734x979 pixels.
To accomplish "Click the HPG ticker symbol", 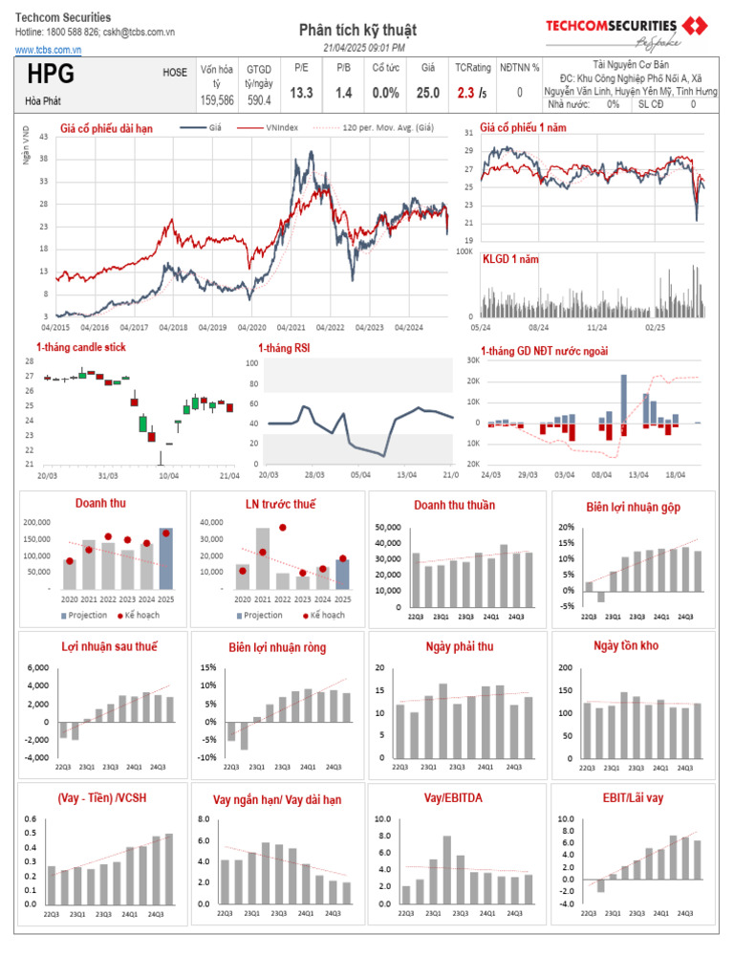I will (x=52, y=76).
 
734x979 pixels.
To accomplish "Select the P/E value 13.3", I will (x=301, y=93).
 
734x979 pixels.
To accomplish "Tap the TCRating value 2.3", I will (x=465, y=93).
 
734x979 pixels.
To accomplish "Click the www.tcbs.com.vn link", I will (x=48, y=50).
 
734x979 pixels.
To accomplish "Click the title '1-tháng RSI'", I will (x=284, y=348).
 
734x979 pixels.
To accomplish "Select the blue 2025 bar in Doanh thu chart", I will (x=166, y=558).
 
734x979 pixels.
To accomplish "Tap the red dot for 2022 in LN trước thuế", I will (x=283, y=528).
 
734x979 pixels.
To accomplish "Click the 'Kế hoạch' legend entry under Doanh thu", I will (x=140, y=615).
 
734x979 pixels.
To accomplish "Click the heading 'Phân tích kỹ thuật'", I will (x=357, y=31).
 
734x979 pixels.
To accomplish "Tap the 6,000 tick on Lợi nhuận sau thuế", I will (x=37, y=667).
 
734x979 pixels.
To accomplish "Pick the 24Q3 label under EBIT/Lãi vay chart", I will (x=685, y=913).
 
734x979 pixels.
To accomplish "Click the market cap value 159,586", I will (x=217, y=99).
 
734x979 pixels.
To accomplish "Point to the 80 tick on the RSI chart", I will (x=252, y=383).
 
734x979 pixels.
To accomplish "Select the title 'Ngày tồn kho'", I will (x=626, y=646).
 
